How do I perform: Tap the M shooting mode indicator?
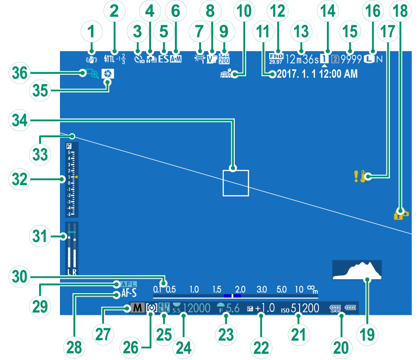pos(138,308)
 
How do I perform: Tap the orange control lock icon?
pos(400,214)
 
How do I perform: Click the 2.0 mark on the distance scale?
pos(241,289)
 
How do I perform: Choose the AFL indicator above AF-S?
pos(128,284)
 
